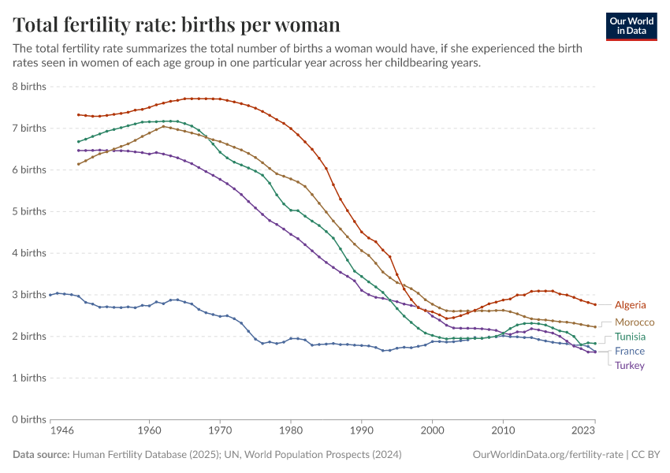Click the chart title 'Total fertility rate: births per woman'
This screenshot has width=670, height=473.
(x=177, y=24)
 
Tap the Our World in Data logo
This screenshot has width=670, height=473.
(x=631, y=25)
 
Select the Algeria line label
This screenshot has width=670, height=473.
(x=631, y=305)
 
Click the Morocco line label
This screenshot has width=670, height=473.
(x=635, y=322)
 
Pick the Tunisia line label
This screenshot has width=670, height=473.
(x=631, y=337)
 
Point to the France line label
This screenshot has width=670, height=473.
(x=630, y=352)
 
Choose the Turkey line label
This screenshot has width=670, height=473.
(x=630, y=366)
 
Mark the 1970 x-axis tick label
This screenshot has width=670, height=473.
(x=220, y=431)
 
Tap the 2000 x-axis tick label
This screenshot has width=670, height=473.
(x=433, y=431)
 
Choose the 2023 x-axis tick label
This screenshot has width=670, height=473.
(x=583, y=431)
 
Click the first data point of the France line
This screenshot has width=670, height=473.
(x=50, y=295)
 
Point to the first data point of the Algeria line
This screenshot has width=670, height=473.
(x=78, y=115)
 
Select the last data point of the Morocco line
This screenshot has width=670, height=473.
(x=595, y=326)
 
